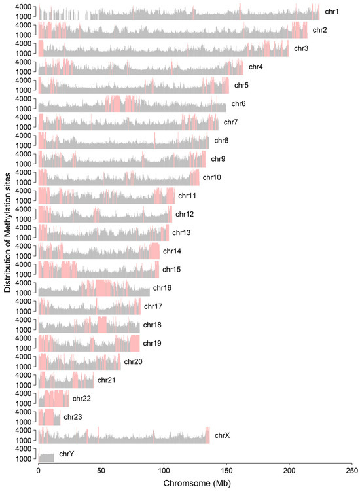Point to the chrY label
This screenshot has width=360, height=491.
(67, 454)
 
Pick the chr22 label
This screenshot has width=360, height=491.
(81, 398)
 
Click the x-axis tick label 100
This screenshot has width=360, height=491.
(164, 471)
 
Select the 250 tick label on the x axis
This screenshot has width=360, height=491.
(352, 471)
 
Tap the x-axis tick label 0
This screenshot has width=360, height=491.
(39, 471)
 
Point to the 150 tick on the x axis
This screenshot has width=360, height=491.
(226, 471)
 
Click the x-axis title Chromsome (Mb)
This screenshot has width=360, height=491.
(195, 482)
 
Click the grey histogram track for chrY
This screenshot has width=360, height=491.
(46, 458)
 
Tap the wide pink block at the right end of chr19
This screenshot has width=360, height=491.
(135, 343)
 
